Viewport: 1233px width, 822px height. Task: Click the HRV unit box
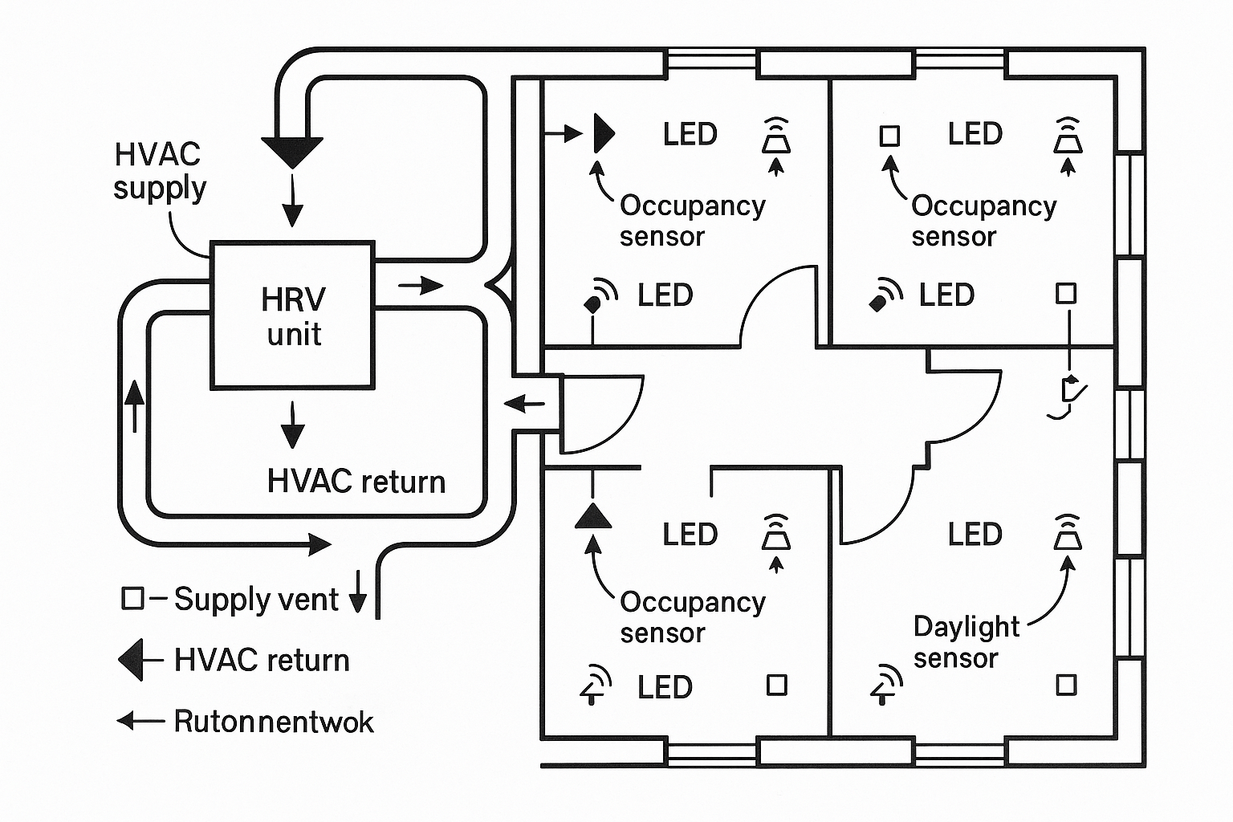292,315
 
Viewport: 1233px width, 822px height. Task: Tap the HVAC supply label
159,170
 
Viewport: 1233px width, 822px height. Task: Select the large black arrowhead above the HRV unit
292,150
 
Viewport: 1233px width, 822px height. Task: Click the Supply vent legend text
256,600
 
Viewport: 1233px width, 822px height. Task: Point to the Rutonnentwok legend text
274,722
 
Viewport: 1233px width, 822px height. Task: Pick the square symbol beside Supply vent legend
132,598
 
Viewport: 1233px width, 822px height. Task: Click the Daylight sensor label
966,642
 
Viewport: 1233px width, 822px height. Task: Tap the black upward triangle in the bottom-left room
593,515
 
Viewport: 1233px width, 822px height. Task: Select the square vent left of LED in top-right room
889,136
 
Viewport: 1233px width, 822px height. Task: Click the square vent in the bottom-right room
1066,685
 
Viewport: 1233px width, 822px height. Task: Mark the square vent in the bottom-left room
776,685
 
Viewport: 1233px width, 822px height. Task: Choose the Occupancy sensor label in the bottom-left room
692,616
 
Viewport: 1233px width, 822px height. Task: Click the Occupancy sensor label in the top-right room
983,221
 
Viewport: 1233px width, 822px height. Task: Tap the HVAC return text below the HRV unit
356,482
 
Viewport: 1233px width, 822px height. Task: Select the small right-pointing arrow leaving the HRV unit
421,285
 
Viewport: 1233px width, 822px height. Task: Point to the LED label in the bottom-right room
975,535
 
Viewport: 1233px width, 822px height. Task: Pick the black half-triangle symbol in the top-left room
603,133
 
